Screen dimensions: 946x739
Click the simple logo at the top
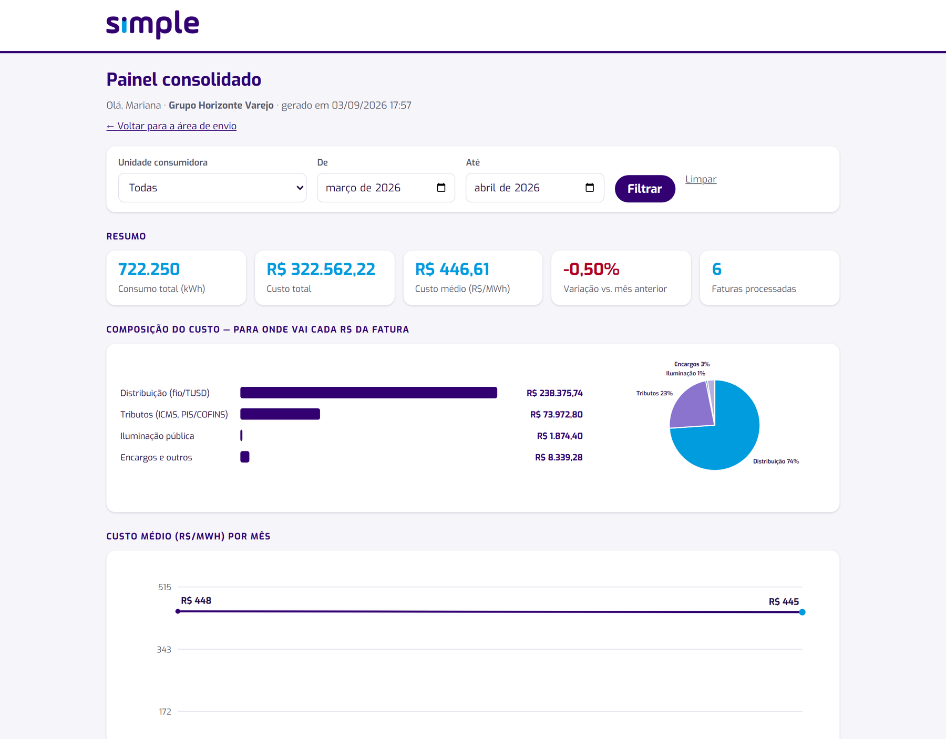(152, 24)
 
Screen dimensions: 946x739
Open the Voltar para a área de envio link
(171, 126)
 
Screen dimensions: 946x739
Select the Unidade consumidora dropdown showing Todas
(212, 188)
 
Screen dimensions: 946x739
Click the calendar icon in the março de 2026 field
(441, 188)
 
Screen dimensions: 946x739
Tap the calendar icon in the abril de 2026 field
(590, 188)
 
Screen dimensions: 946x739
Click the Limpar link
(701, 179)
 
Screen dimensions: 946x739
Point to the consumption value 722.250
(149, 269)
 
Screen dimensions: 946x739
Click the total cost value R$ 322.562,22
(321, 269)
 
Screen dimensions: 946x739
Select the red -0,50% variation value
(591, 269)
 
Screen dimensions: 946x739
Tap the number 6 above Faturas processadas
(716, 269)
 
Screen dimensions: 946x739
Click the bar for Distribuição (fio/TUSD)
(368, 393)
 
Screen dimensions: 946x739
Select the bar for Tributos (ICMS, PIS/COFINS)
(280, 414)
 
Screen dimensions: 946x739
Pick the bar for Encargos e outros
(245, 457)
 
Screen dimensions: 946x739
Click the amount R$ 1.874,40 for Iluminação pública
(560, 436)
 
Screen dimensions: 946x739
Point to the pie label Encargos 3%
(692, 364)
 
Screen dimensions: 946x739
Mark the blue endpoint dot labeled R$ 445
(802, 612)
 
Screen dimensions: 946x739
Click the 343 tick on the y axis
(164, 650)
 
